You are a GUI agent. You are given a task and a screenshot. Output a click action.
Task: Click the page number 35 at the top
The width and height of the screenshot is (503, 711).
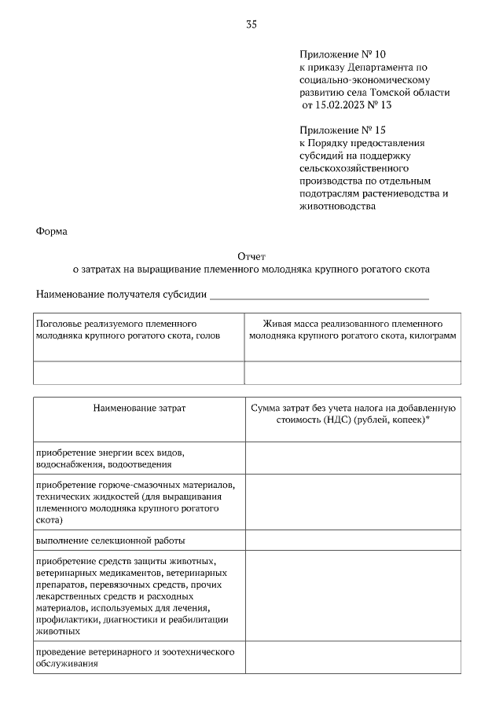[251, 24]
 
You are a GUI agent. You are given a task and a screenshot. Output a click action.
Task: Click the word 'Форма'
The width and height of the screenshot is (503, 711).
[52, 232]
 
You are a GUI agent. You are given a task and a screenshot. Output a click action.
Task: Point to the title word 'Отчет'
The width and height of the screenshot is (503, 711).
[251, 256]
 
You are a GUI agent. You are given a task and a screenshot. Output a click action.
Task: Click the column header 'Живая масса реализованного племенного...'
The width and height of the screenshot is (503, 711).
[352, 329]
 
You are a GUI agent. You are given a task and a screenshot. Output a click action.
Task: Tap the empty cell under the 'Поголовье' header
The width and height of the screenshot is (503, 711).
[138, 372]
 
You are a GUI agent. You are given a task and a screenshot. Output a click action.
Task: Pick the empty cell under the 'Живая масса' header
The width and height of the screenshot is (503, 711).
[352, 372]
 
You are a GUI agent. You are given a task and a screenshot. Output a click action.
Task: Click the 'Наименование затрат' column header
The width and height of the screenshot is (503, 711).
[139, 409]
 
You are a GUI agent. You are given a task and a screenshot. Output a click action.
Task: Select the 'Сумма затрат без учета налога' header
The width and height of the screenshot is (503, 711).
[352, 414]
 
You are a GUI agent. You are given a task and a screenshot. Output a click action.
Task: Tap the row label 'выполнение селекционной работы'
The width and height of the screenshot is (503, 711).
[111, 541]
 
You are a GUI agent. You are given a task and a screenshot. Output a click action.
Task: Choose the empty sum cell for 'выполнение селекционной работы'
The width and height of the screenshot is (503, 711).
[352, 541]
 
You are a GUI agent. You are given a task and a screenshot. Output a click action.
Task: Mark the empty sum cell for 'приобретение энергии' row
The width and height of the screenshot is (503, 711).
[352, 458]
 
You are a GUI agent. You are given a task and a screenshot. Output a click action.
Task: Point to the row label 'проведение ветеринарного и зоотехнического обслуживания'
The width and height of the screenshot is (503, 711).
[136, 658]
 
